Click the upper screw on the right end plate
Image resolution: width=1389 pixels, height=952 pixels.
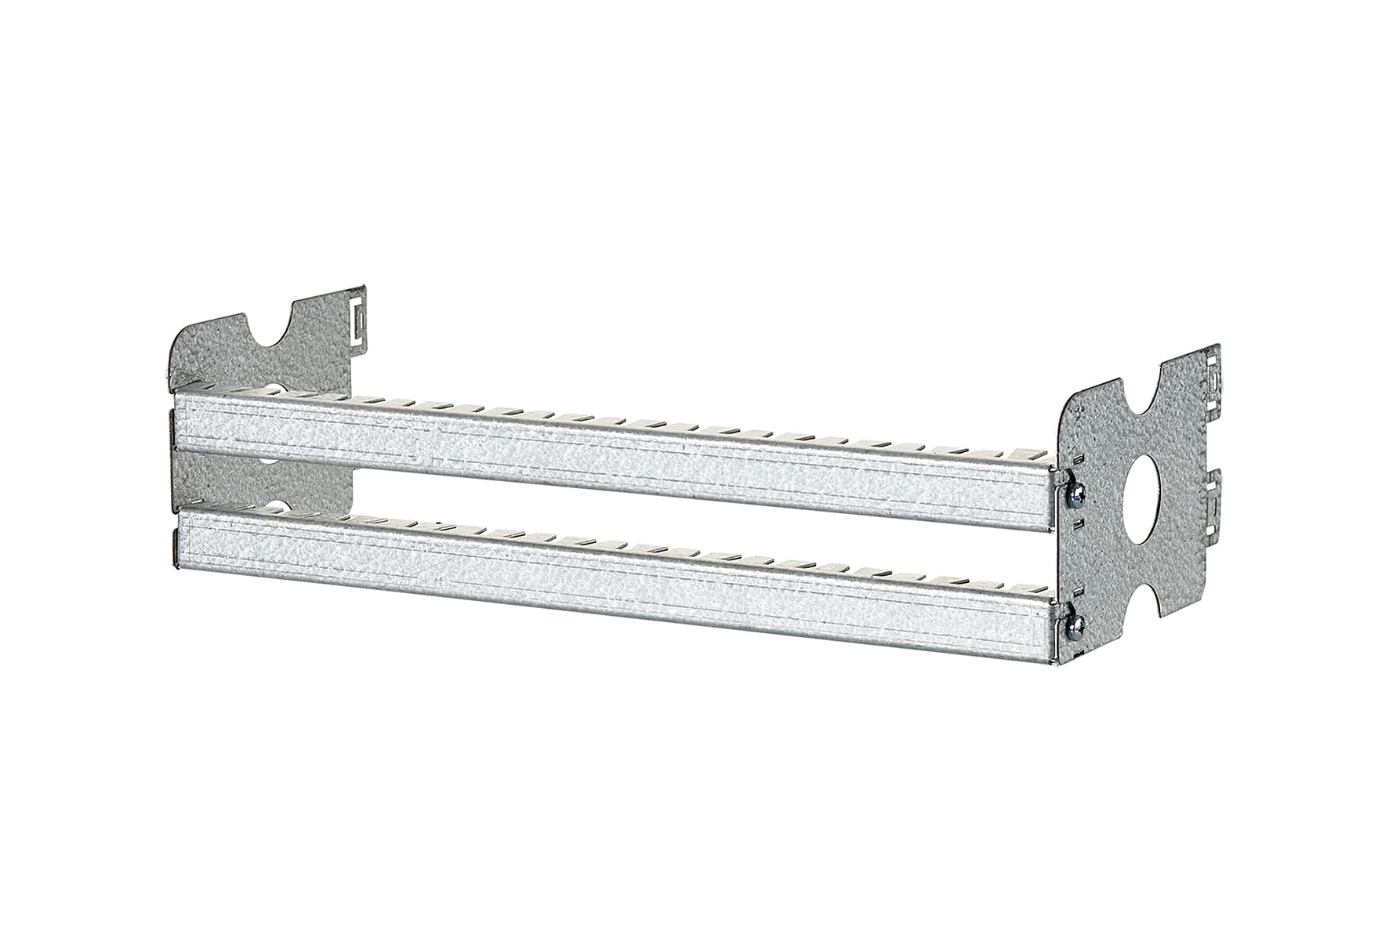pos(1077,491)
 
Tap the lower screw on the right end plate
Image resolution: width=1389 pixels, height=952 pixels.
pos(1077,624)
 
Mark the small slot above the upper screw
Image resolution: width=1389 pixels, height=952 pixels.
pos(1079,459)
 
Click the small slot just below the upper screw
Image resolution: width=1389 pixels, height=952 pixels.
pos(1079,522)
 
